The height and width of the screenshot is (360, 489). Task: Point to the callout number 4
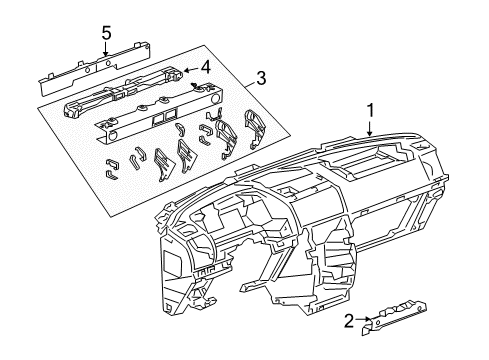(205, 68)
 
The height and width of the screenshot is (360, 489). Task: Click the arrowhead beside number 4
(189, 69)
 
